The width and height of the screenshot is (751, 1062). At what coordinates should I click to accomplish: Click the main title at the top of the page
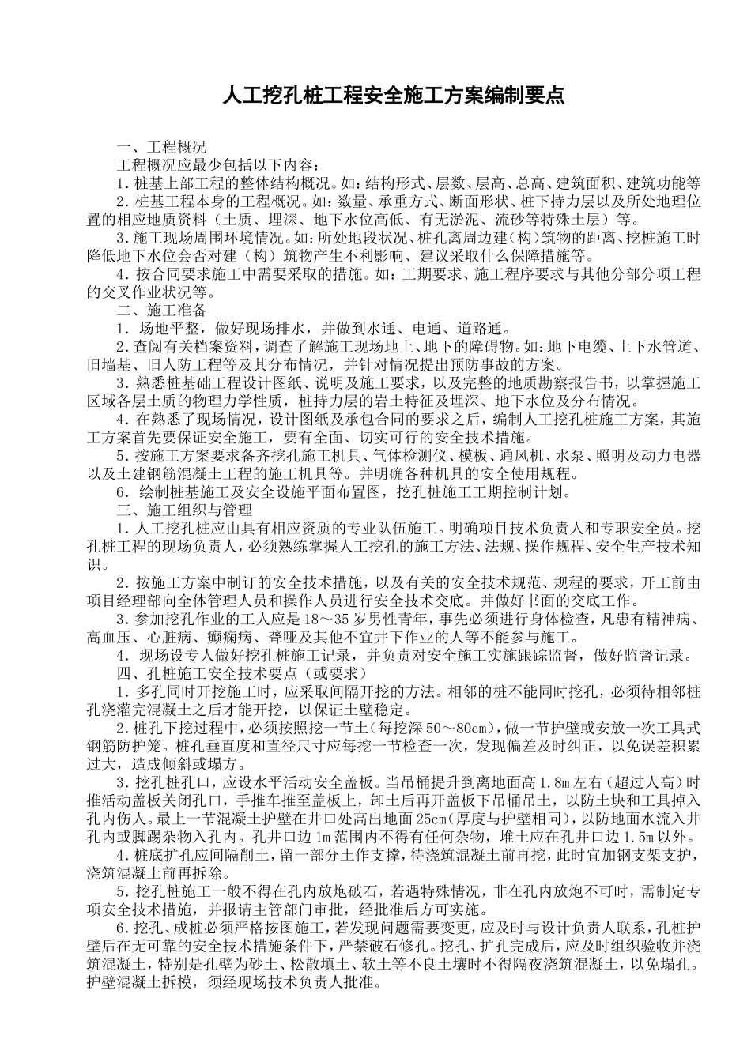393,96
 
